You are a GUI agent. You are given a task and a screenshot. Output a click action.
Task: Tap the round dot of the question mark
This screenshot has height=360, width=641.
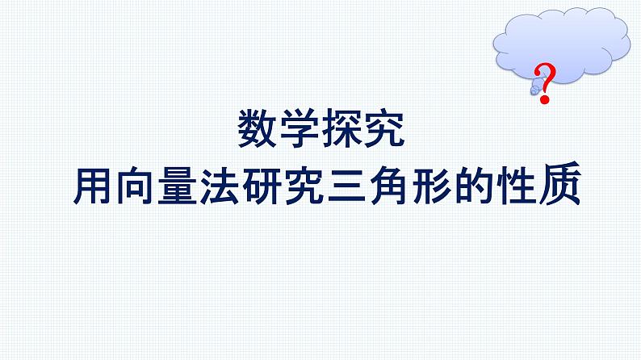click(547, 98)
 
